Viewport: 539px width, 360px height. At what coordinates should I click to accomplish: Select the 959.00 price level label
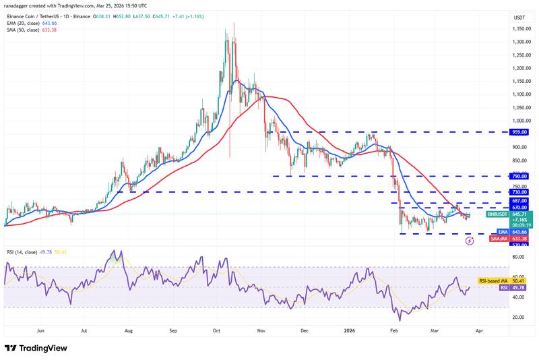pyautogui.click(x=519, y=133)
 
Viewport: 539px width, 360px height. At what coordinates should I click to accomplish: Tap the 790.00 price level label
pyautogui.click(x=519, y=176)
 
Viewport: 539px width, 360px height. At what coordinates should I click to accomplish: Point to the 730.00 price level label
pyautogui.click(x=519, y=192)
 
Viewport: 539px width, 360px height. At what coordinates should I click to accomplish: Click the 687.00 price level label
pyautogui.click(x=519, y=202)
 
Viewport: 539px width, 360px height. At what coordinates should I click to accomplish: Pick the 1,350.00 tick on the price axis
pyautogui.click(x=519, y=29)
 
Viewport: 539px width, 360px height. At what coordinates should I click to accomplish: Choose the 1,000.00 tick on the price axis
pyautogui.click(x=519, y=121)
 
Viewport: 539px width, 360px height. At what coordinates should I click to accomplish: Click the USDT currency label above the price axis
pyautogui.click(x=519, y=17)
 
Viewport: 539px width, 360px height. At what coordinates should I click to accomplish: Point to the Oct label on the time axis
pyautogui.click(x=216, y=332)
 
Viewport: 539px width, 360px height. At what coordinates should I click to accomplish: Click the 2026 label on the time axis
pyautogui.click(x=349, y=332)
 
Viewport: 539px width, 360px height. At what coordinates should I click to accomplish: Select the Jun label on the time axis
pyautogui.click(x=40, y=332)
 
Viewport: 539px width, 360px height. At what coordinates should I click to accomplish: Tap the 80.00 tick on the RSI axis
pyautogui.click(x=519, y=257)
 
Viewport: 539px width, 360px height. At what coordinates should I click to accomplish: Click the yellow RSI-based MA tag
pyautogui.click(x=495, y=280)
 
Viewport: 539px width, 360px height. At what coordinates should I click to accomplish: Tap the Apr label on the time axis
pyautogui.click(x=478, y=332)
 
